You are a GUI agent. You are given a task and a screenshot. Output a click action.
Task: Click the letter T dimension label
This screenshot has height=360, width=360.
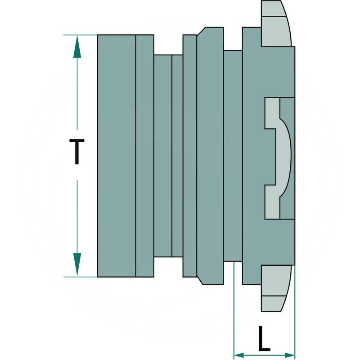click(77, 152)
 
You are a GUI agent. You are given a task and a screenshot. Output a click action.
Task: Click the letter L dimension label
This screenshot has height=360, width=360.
click(264, 339)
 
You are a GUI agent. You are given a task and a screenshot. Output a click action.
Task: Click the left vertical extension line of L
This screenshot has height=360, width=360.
click(234, 306)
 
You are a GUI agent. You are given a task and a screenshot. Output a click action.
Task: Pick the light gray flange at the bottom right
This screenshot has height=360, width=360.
click(275, 288)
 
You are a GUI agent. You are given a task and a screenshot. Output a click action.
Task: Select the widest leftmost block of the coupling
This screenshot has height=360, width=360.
click(116, 155)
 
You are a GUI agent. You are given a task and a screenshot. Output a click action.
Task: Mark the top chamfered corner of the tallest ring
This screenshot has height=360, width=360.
click(201, 31)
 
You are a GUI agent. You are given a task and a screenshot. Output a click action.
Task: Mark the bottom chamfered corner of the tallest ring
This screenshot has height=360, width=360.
click(201, 280)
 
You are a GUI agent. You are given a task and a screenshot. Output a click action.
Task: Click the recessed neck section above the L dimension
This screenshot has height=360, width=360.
click(233, 155)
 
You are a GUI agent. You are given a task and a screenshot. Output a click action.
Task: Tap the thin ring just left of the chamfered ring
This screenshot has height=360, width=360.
click(189, 155)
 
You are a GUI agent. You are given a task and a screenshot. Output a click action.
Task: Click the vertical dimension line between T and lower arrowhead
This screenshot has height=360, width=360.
click(77, 216)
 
